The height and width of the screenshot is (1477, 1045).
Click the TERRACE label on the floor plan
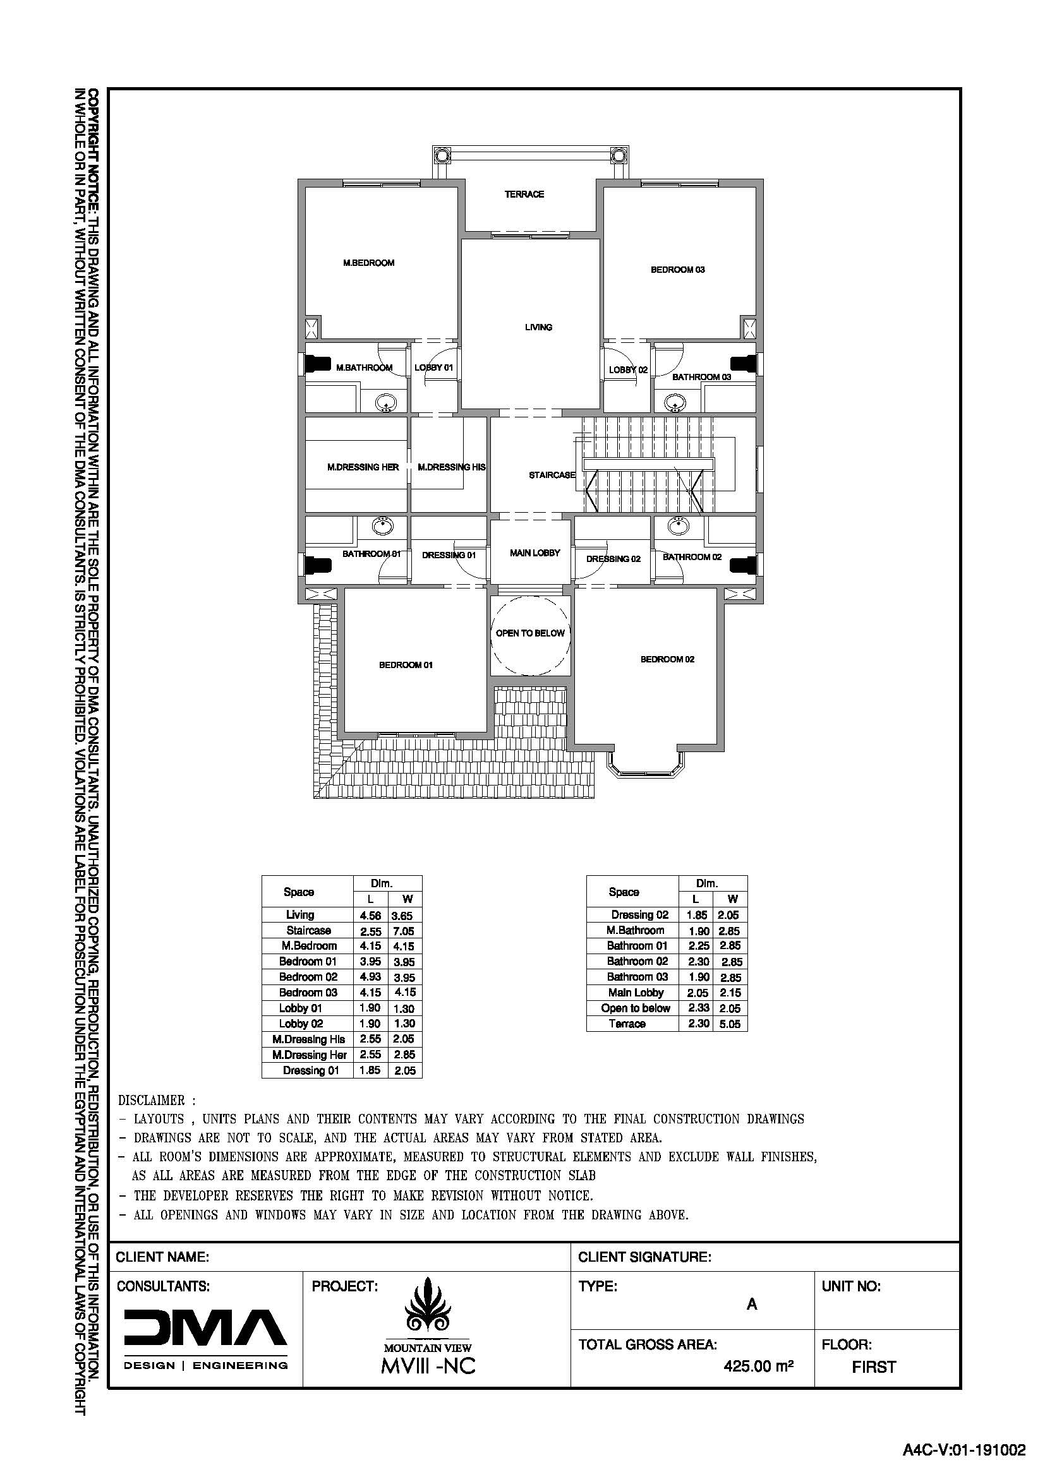point(524,194)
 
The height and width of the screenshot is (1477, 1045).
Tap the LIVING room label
point(538,328)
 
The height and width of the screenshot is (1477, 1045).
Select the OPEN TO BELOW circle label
point(530,633)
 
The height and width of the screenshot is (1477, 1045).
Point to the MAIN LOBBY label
point(535,553)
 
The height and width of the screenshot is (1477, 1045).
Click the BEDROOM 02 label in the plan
point(667,659)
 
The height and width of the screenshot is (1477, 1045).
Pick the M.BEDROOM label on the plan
point(369,263)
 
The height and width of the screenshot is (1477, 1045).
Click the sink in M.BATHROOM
point(387,404)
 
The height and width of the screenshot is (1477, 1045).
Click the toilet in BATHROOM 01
point(318,565)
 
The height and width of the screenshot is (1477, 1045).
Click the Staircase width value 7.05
point(404,931)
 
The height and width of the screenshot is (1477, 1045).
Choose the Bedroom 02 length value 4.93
point(371,978)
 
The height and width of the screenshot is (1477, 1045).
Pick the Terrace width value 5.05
point(730,1025)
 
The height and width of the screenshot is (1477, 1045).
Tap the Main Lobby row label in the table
point(636,993)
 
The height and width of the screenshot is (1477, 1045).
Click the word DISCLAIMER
point(152,1101)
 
